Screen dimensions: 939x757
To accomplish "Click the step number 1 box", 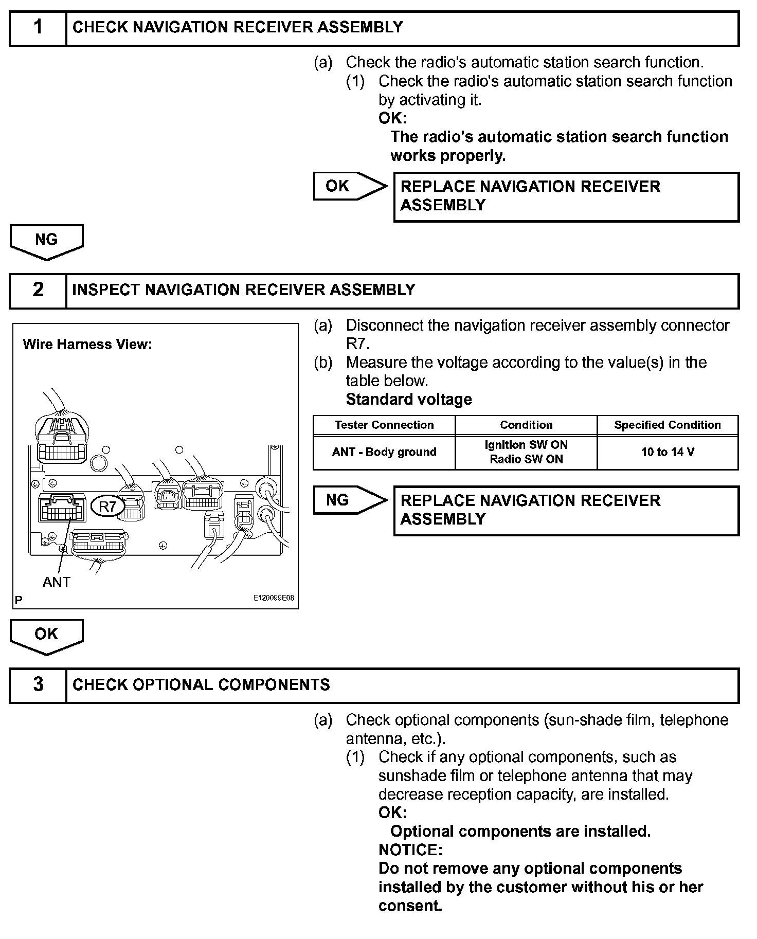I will [x=38, y=28].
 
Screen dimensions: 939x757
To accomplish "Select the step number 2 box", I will [x=38, y=291].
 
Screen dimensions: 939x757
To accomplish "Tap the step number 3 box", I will [x=38, y=685].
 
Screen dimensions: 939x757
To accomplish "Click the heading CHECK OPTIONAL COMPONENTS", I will [x=201, y=685].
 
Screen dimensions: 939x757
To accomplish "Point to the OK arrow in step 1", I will [x=350, y=186].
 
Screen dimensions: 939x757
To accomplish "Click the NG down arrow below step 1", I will [x=46, y=241].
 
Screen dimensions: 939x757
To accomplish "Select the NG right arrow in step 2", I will [x=350, y=500].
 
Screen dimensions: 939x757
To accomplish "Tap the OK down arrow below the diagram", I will [x=46, y=636].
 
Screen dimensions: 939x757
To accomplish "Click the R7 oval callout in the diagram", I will [x=107, y=507].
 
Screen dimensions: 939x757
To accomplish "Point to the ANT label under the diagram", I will [x=56, y=582].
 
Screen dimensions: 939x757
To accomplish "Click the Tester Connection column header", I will [x=384, y=425].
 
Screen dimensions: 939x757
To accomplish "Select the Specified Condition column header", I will [x=667, y=425].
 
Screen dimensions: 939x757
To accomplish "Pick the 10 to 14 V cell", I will [x=667, y=453].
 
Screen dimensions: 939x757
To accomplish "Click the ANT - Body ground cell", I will [x=384, y=453].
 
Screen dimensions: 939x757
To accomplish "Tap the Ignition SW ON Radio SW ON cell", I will [x=526, y=453].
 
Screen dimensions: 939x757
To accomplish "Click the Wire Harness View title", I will [x=87, y=345].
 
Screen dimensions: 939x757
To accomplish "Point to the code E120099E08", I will [x=273, y=598].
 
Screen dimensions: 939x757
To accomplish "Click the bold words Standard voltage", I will [x=409, y=400].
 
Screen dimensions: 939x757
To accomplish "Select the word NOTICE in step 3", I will [x=410, y=850].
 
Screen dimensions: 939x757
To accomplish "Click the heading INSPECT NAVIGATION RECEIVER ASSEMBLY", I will [x=243, y=290].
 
